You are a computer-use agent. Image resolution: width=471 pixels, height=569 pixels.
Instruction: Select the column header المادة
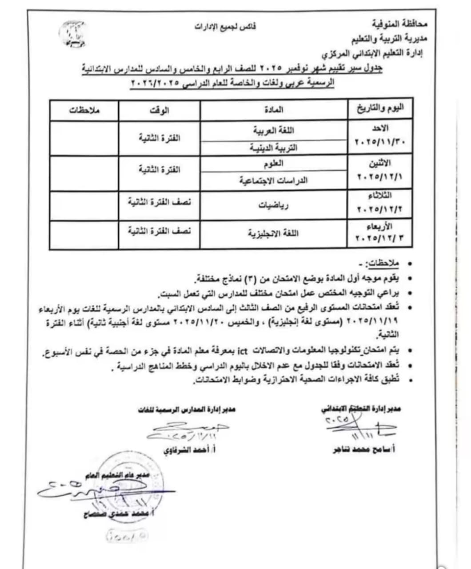pos(274,109)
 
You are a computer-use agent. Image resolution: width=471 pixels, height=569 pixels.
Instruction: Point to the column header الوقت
pos(159,110)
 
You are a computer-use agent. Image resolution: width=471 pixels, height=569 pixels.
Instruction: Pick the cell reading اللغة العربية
pos(274,130)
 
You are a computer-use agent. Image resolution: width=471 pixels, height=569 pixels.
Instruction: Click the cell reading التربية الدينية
pos(274,148)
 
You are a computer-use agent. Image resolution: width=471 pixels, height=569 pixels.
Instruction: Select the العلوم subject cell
pos(274,164)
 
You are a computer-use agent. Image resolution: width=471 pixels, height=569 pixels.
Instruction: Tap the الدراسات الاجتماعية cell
pos(274,180)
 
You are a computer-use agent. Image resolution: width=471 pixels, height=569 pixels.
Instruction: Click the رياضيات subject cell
pos(274,205)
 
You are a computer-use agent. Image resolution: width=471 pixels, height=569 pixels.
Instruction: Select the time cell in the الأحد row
pos(159,138)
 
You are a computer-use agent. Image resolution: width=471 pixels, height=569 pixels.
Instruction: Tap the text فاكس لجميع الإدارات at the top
pos(225,26)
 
